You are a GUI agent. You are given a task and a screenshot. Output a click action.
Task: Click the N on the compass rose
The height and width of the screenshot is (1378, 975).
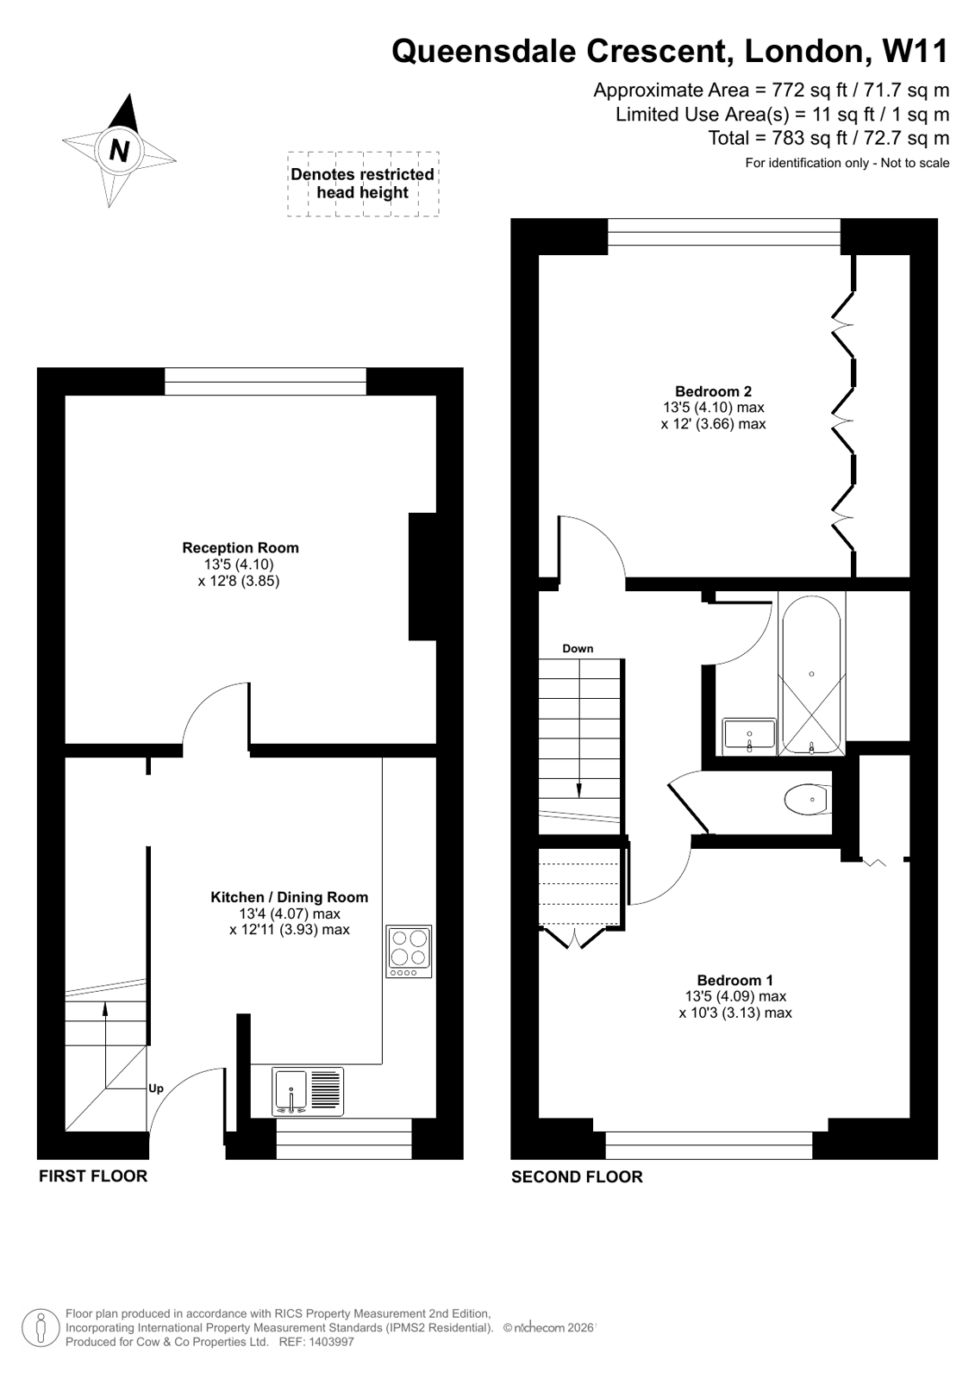[x=119, y=150]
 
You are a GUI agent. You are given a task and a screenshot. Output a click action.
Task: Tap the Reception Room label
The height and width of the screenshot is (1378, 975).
[x=241, y=548]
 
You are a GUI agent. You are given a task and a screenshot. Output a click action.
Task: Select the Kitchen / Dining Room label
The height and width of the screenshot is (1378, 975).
[x=289, y=897]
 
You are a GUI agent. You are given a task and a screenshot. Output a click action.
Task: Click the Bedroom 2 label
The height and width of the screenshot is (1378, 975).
[x=713, y=391]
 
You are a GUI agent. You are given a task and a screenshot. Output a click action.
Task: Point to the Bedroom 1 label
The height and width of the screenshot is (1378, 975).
[x=734, y=980]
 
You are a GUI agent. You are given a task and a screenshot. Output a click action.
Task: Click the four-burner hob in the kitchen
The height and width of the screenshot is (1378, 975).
[x=409, y=951]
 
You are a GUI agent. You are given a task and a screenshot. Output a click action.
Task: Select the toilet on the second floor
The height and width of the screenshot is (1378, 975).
[x=808, y=798]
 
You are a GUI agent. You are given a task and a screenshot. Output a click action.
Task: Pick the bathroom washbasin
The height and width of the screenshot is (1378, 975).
[x=750, y=735]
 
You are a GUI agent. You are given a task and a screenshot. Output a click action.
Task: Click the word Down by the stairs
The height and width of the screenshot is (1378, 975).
[x=578, y=649]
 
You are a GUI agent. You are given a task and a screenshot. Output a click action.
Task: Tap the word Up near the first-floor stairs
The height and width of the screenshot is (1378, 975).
[x=155, y=1088]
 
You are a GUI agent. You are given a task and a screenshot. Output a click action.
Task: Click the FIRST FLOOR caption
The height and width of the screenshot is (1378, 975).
[x=93, y=1175]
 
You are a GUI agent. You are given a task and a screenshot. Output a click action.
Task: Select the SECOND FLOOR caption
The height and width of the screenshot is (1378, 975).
[x=577, y=1176]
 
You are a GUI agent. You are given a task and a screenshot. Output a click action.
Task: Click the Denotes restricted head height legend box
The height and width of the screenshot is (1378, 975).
[x=363, y=184]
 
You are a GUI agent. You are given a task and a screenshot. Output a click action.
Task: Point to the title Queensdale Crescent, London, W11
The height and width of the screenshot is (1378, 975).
[x=670, y=51]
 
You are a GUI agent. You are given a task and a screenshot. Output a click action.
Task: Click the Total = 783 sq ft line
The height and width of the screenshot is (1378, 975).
[x=828, y=138]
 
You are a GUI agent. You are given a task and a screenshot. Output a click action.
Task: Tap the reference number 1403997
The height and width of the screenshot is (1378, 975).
[x=332, y=1342]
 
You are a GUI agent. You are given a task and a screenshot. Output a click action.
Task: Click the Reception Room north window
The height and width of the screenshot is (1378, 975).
[x=265, y=381]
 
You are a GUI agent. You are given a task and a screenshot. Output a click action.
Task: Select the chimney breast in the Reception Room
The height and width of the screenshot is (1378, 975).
[x=422, y=577]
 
